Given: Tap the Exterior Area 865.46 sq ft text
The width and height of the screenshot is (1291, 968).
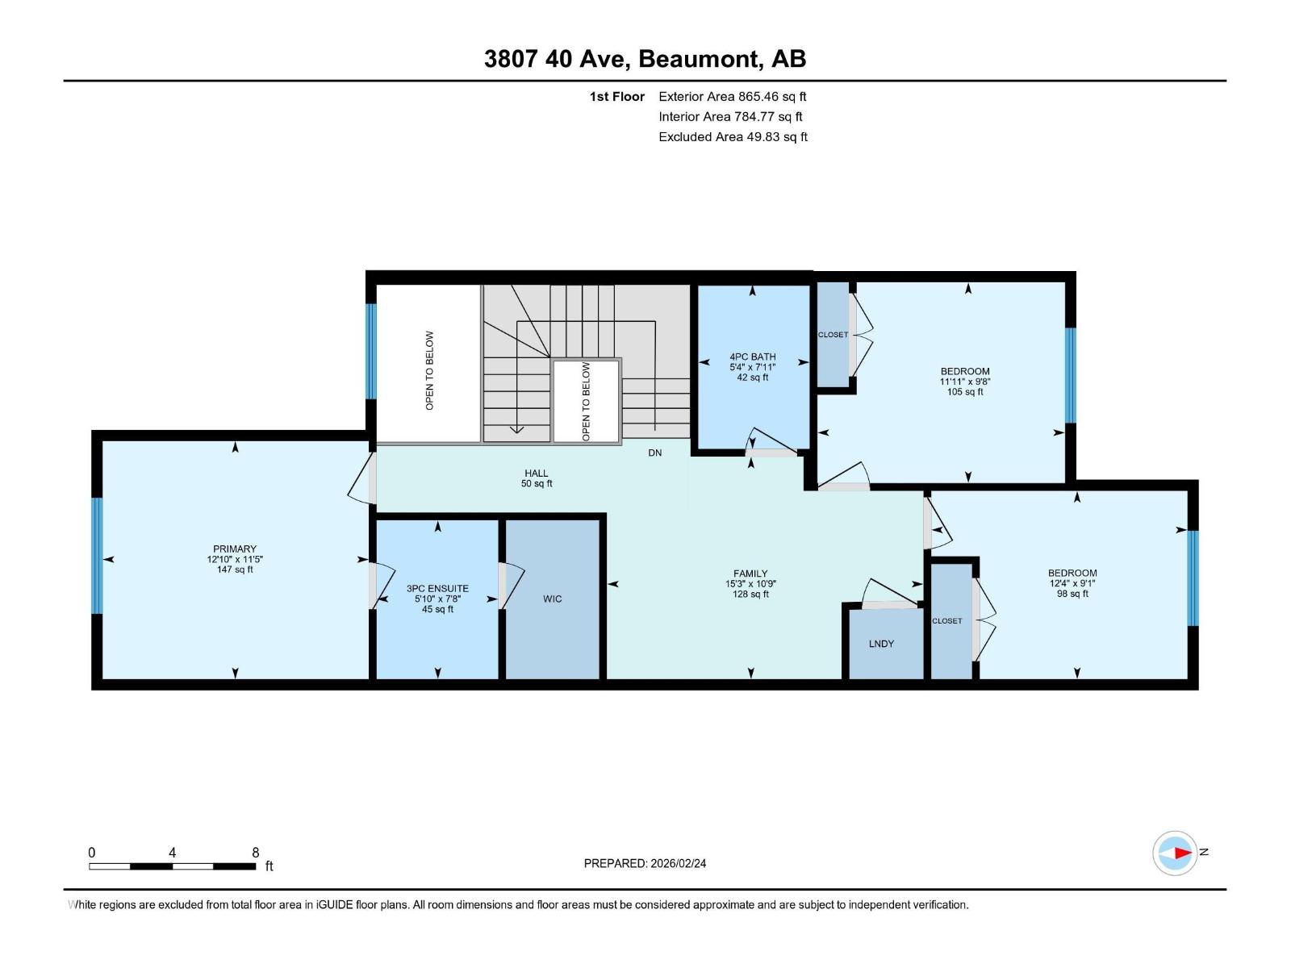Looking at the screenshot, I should pyautogui.click(x=732, y=96).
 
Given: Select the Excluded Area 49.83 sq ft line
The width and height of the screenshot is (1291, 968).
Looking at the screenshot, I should pyautogui.click(x=733, y=136).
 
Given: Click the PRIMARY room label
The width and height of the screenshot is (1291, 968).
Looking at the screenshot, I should pyautogui.click(x=234, y=549).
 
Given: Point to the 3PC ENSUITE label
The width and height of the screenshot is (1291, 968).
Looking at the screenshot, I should pyautogui.click(x=437, y=589).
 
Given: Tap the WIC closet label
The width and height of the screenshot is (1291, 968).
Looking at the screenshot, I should pyautogui.click(x=553, y=599).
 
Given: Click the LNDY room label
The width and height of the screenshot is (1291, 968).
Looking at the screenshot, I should pyautogui.click(x=881, y=644).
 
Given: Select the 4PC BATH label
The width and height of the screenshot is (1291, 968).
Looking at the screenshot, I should pyautogui.click(x=752, y=357).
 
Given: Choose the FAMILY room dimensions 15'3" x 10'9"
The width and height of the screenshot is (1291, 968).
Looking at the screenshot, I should pyautogui.click(x=750, y=584).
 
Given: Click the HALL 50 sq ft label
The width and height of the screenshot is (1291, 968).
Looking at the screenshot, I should pyautogui.click(x=537, y=478).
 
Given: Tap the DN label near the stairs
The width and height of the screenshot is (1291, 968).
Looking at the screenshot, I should pyautogui.click(x=654, y=453).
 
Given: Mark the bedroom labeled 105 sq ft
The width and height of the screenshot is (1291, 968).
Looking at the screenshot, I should pyautogui.click(x=964, y=382).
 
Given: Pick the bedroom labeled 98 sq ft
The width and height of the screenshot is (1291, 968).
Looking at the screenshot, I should pyautogui.click(x=1072, y=583).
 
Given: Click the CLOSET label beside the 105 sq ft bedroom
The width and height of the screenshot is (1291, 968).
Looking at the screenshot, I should pyautogui.click(x=833, y=335).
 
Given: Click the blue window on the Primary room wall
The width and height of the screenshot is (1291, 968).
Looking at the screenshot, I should pyautogui.click(x=98, y=555).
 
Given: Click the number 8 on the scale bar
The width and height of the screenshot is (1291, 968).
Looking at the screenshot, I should pyautogui.click(x=256, y=853).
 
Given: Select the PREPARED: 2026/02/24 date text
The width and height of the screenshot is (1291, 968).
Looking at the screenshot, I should pyautogui.click(x=645, y=863).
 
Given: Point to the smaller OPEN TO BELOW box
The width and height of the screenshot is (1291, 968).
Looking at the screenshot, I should pyautogui.click(x=587, y=401).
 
